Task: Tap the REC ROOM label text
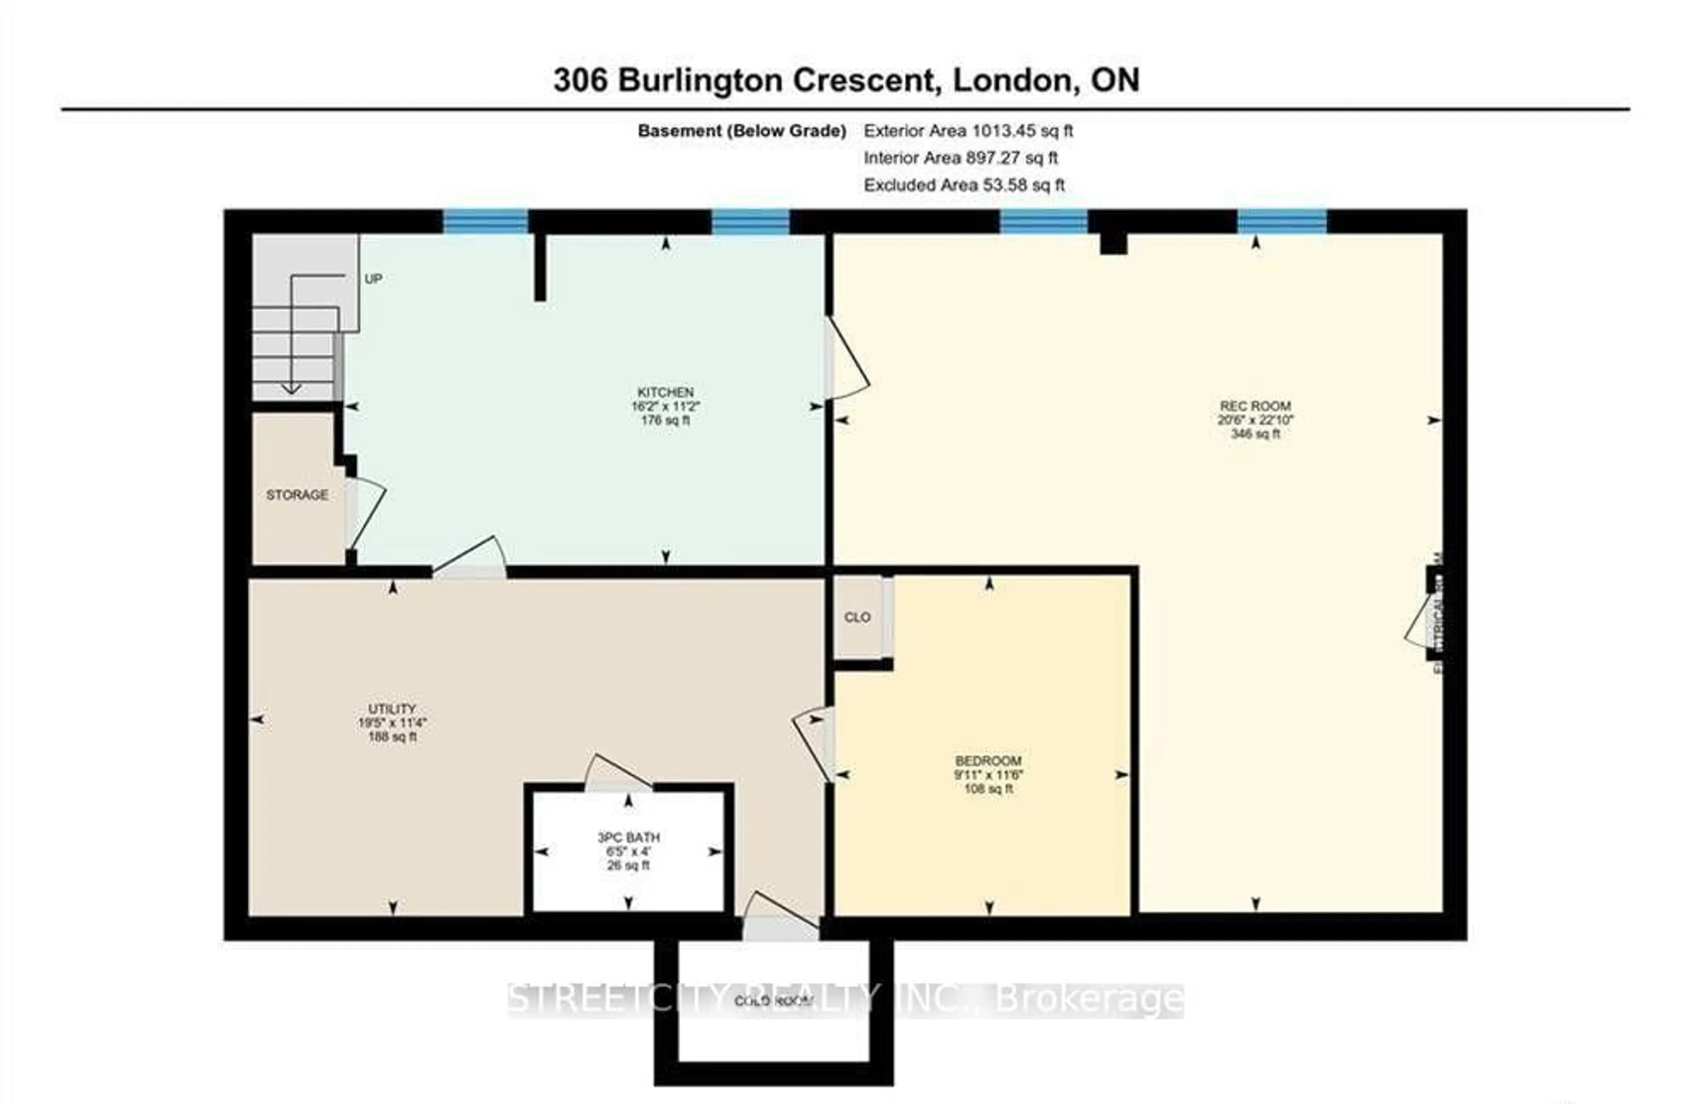(x=1255, y=406)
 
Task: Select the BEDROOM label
(x=988, y=760)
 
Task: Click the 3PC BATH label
(x=628, y=838)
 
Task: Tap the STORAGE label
(x=297, y=495)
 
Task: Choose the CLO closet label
(x=856, y=617)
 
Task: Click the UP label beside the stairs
(x=373, y=279)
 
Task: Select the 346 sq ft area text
(x=1255, y=434)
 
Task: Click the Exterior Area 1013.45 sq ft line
(x=968, y=131)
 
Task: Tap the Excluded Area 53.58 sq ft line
(x=963, y=185)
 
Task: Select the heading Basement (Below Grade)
(x=741, y=131)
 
